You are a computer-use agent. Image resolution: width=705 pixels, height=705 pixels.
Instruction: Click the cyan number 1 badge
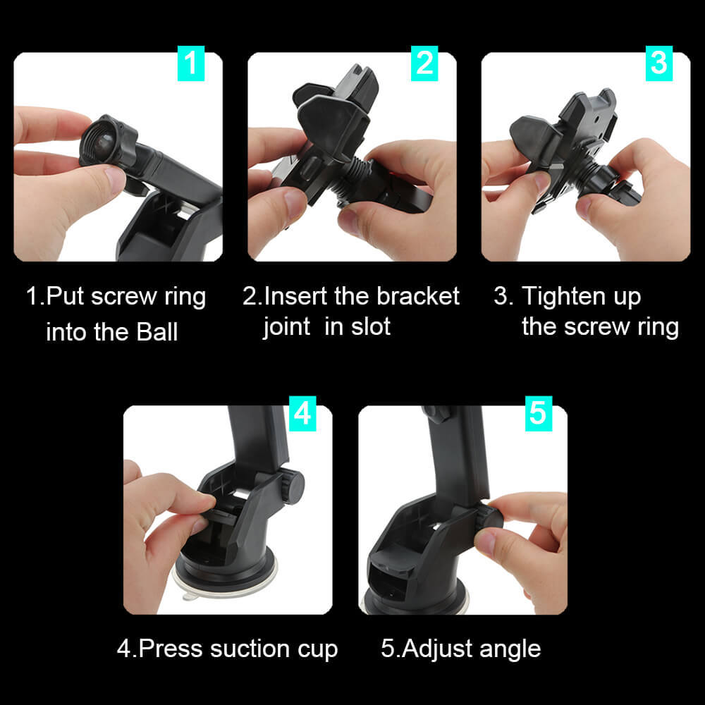point(190,63)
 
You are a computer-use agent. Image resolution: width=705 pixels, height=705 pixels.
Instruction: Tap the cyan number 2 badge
point(424,63)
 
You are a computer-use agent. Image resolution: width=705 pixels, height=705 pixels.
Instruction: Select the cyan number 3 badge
point(658,63)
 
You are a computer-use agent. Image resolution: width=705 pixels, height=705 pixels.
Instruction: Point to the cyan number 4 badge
point(302,414)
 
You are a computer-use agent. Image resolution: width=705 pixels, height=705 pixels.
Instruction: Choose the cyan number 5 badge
point(537,414)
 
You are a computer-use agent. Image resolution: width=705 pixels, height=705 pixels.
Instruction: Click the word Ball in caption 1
point(156,331)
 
